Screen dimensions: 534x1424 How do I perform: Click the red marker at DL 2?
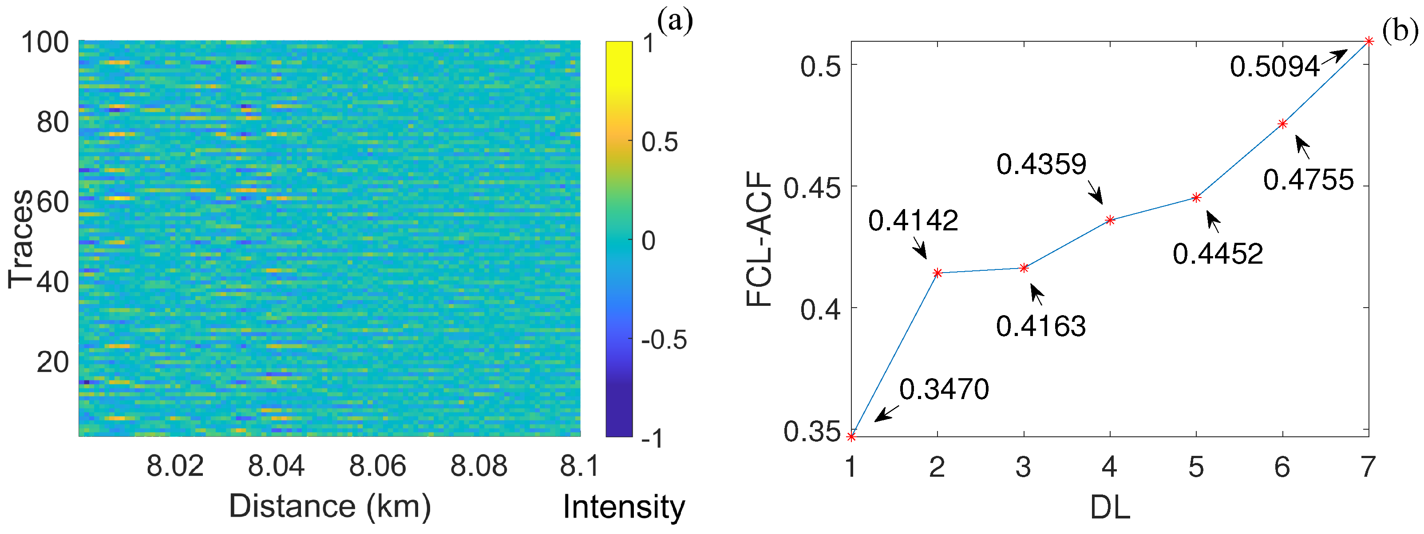tap(937, 273)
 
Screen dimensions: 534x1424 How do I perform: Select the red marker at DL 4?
tap(1110, 220)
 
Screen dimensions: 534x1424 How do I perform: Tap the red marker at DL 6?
tap(1282, 124)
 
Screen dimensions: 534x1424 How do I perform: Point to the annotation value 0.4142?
tap(913, 221)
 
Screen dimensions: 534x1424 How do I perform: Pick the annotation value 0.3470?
tap(944, 390)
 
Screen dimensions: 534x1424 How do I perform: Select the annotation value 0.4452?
tap(1218, 254)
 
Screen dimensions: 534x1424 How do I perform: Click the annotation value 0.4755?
tap(1309, 180)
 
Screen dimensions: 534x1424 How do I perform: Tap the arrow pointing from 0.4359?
tap(1096, 192)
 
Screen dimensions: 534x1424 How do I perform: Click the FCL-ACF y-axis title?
tap(759, 239)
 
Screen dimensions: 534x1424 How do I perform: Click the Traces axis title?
tap(20, 239)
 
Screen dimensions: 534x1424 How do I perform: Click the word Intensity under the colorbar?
tap(624, 507)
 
